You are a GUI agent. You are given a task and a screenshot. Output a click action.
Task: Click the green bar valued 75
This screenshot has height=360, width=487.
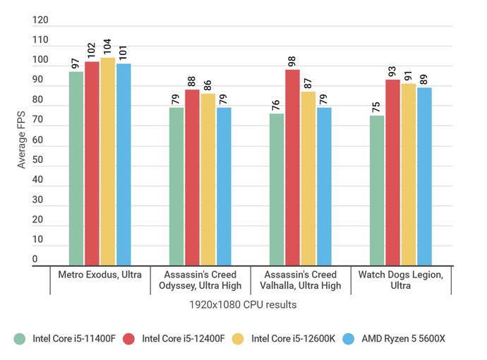pos(377,191)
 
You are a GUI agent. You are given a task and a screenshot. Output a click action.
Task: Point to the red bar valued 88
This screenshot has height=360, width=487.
pos(192,177)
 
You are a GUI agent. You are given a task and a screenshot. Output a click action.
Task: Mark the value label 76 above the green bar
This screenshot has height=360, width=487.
pos(276,102)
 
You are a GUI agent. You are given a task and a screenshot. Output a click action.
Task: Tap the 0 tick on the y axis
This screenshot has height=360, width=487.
pos(35,260)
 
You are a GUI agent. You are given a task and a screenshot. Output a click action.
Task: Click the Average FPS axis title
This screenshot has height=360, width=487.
pos(22,140)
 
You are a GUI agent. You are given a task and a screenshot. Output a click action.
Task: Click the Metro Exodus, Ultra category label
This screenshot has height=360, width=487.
pos(100,274)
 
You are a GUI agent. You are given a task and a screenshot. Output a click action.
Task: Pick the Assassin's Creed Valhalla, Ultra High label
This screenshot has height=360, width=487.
pos(301,280)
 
